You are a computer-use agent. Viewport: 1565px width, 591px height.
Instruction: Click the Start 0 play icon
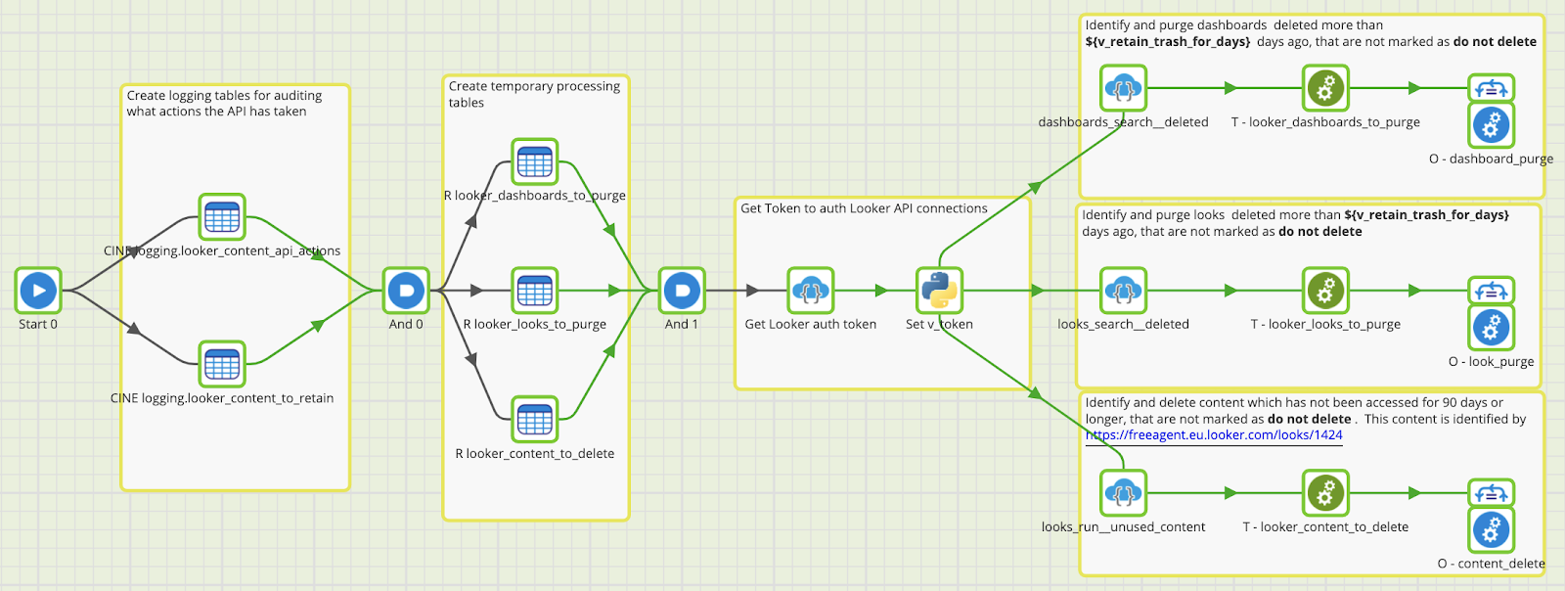(38, 291)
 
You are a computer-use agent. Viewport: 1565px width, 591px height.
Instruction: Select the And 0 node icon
(406, 291)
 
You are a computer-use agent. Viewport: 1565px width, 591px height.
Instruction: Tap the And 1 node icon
(682, 291)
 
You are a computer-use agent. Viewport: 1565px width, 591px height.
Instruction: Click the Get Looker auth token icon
(811, 291)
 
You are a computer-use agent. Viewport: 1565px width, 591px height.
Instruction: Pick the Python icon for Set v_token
(939, 291)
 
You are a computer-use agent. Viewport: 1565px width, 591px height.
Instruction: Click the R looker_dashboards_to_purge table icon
(535, 161)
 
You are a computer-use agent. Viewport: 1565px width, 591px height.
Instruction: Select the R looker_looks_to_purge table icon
(535, 291)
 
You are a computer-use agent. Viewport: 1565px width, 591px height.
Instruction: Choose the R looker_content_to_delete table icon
(535, 420)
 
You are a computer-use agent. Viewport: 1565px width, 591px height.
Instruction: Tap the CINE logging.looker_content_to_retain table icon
(222, 365)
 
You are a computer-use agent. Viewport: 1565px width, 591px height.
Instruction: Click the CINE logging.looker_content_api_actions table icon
(222, 217)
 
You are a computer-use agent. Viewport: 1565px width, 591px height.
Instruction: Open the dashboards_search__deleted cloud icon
(1123, 88)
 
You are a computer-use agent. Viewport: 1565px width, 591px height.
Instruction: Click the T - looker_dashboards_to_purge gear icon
(1325, 88)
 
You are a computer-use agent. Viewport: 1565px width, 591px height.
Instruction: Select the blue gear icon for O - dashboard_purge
(1491, 125)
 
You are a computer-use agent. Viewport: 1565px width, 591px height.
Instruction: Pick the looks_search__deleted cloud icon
(1123, 291)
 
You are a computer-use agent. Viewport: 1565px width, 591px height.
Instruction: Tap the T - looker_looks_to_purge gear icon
(1325, 291)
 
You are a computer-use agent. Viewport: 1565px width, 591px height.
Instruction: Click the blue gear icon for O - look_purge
(1491, 328)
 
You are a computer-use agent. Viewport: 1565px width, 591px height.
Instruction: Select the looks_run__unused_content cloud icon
(1123, 493)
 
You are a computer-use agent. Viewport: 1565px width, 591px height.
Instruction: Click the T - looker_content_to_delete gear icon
(1325, 493)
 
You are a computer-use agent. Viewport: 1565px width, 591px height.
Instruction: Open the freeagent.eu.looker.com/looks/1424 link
(1214, 435)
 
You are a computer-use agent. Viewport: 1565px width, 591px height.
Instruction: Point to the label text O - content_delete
(1491, 564)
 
